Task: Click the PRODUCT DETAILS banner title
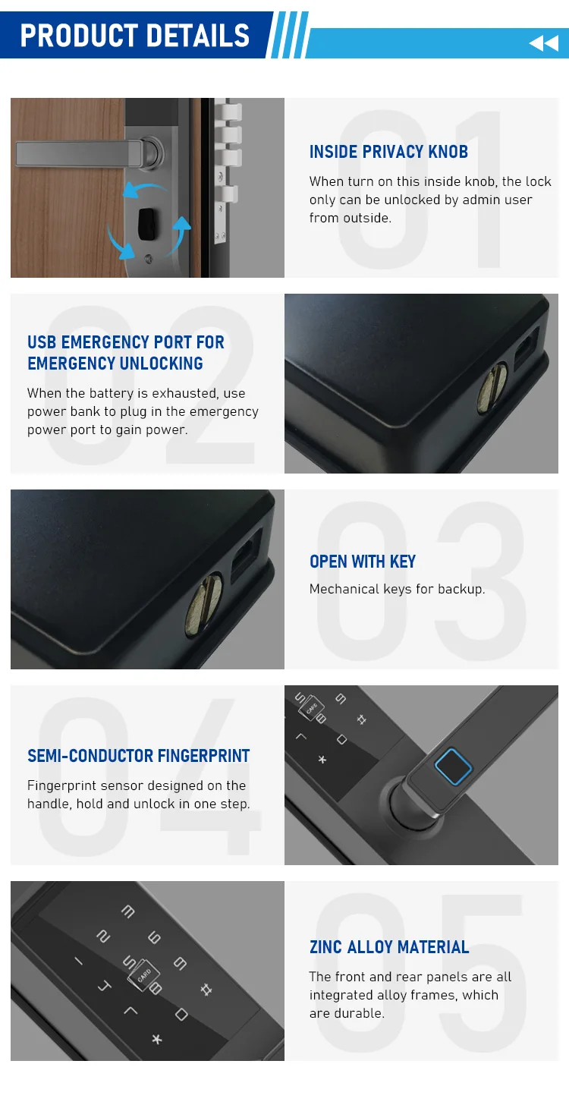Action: [x=134, y=36]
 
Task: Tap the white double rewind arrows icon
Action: [x=544, y=43]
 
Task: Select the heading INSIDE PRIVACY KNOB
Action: [x=388, y=152]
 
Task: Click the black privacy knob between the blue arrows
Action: [x=148, y=225]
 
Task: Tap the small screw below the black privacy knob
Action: [x=148, y=259]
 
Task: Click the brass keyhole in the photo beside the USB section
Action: [x=492, y=389]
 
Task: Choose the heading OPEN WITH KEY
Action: [x=363, y=562]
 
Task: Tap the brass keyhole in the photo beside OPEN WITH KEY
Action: [x=204, y=603]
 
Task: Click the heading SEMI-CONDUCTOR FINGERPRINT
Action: [x=138, y=756]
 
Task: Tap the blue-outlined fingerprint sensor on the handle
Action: [x=453, y=766]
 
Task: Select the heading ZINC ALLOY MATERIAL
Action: [x=389, y=947]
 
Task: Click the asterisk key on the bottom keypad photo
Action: [x=157, y=1039]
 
